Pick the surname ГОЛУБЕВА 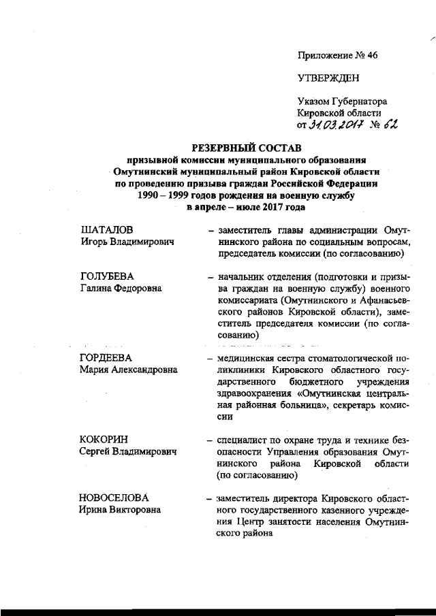tap(107, 277)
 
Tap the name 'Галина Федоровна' tap(121, 289)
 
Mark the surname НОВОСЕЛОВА tap(114, 498)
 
